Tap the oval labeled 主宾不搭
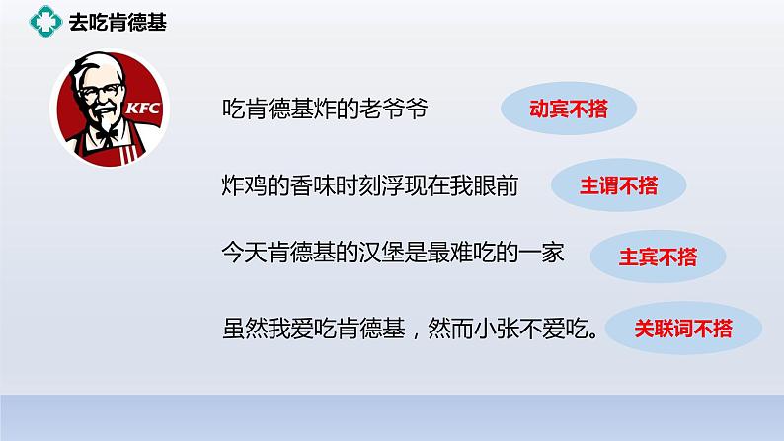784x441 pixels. (x=657, y=257)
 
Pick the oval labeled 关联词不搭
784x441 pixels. (x=682, y=329)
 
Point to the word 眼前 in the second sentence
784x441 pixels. (x=495, y=184)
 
